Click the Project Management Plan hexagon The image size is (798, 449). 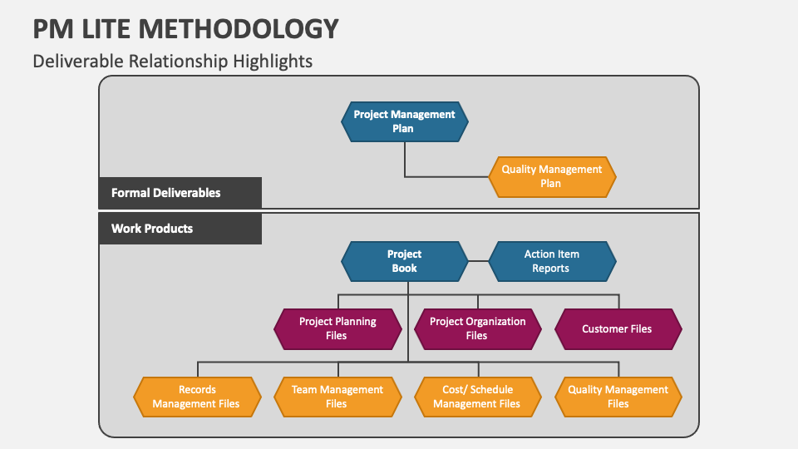click(x=405, y=121)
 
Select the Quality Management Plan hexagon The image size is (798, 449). click(x=551, y=176)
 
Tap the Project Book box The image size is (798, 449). click(x=405, y=261)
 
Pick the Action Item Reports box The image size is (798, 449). click(x=552, y=261)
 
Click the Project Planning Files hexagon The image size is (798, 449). click(x=337, y=328)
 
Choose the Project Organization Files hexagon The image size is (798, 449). click(x=477, y=328)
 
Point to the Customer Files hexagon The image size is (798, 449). click(x=618, y=328)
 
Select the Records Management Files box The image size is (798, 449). click(x=197, y=397)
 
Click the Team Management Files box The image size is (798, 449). click(x=337, y=397)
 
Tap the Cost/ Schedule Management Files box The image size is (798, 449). click(x=477, y=397)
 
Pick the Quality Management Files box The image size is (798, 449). click(x=618, y=397)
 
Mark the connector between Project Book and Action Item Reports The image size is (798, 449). click(x=478, y=261)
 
